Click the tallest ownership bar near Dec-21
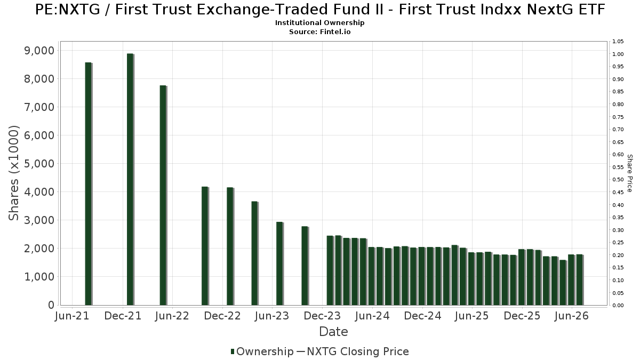click(130, 179)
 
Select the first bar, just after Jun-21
click(89, 183)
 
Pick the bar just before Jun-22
click(163, 195)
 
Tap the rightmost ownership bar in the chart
click(580, 279)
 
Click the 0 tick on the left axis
click(51, 305)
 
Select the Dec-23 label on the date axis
click(322, 316)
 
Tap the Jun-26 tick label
click(571, 316)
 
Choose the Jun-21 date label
click(72, 316)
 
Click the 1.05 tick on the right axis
click(618, 42)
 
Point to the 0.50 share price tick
click(618, 180)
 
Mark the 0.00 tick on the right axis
click(618, 306)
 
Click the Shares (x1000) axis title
click(13, 173)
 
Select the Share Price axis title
click(629, 173)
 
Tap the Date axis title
click(333, 332)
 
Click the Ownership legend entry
click(262, 351)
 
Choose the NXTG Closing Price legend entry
click(353, 351)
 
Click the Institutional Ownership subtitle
click(319, 23)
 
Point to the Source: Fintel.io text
click(319, 31)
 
